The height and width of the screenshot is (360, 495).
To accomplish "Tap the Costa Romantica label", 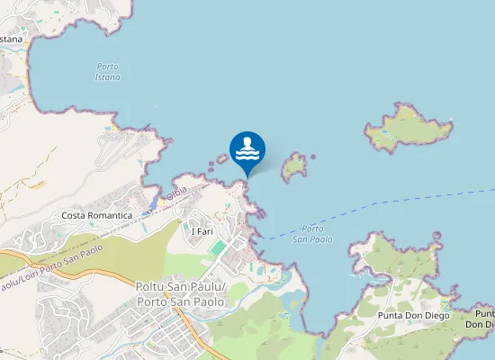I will tap(97, 216).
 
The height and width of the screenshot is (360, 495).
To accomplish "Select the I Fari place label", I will tap(202, 231).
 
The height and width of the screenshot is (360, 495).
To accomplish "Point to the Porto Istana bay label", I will tap(108, 72).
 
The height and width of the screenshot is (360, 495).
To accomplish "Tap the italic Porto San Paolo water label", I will tap(312, 234).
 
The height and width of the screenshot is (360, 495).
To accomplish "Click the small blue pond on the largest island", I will tap(385, 130).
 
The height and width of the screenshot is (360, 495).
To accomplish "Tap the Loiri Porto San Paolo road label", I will tap(54, 266).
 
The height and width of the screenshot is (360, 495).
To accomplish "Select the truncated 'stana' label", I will tap(11, 39).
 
